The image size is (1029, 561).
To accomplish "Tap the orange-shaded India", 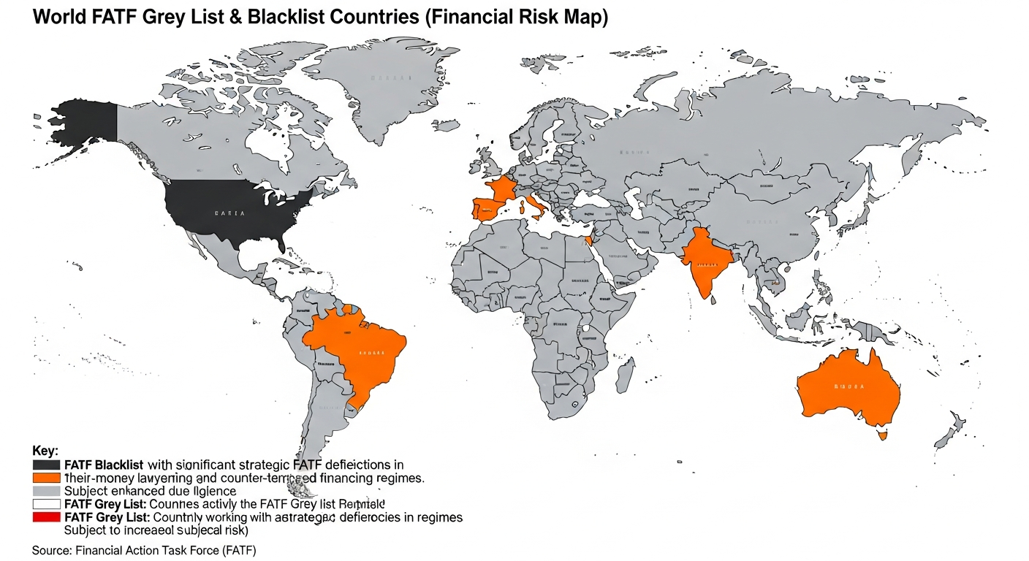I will pos(703,263).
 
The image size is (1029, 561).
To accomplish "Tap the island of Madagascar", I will pos(625,374).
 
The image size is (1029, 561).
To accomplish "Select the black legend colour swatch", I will pos(46,465).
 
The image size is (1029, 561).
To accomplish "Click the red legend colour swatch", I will pos(46,517).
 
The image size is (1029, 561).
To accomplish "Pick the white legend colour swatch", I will pos(46,504).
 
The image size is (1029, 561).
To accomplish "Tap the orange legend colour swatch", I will pos(46,478).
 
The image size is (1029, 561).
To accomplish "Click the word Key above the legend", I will pos(45,451).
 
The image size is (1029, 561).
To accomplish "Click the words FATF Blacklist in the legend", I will pos(104,465).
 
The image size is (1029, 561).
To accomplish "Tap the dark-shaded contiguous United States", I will pos(234,208).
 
